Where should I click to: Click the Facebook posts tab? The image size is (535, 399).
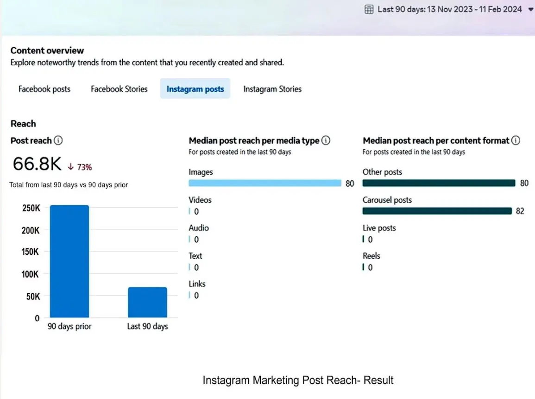point(44,89)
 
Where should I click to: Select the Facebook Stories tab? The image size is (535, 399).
point(119,89)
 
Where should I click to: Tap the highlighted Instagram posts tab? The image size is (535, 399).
point(195,89)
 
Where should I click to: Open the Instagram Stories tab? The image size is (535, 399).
point(272,89)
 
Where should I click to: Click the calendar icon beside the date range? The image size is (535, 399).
point(369,9)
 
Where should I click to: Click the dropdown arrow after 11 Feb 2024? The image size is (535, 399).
point(530,9)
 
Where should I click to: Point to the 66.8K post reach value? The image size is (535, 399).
point(37,164)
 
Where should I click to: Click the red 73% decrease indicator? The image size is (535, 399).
point(80,167)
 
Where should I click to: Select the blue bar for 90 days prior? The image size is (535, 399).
point(69,261)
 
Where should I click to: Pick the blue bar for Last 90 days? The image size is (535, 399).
point(147,302)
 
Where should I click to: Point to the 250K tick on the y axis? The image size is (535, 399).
point(31,208)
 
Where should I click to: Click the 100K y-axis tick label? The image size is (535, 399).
point(31,274)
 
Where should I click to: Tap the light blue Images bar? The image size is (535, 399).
point(264,183)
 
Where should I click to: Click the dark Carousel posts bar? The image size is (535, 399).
point(437,211)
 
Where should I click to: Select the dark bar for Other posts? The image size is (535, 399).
point(439,183)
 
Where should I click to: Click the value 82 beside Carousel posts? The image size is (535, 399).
point(520,211)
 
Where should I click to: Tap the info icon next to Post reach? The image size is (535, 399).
point(58,140)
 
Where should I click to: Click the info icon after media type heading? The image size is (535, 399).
point(326,140)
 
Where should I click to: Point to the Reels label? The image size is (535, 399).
point(371,256)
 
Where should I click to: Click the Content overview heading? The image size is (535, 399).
point(47,51)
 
